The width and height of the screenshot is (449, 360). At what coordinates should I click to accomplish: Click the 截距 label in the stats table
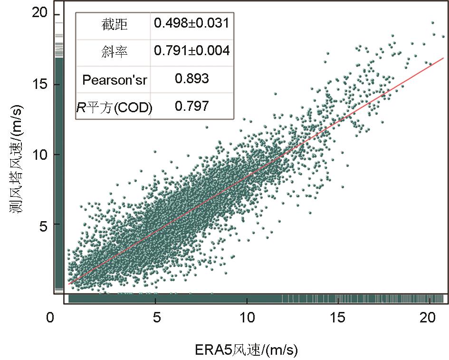[x=114, y=24]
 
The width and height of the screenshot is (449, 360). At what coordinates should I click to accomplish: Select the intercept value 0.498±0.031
[x=192, y=23]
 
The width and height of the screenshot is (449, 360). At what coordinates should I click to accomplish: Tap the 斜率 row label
[x=114, y=52]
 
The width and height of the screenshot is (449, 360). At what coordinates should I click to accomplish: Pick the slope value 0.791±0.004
[x=192, y=51]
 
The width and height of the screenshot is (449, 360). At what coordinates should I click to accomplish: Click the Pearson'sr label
[x=115, y=79]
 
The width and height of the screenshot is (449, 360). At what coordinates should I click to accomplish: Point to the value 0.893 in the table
[x=192, y=79]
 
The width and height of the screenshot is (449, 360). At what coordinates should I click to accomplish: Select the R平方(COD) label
[x=115, y=107]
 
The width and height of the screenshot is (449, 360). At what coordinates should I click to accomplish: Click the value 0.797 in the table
[x=192, y=106]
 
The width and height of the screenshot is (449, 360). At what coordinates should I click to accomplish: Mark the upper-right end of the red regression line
[x=443, y=58]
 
